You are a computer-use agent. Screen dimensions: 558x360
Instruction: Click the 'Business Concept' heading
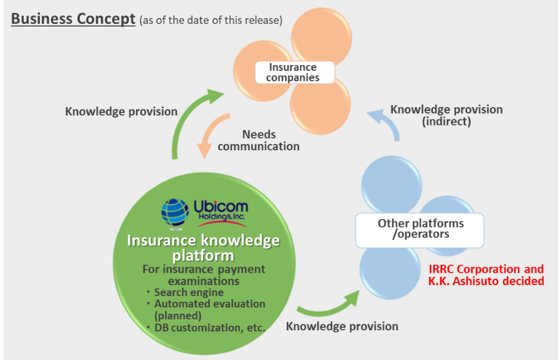(74, 19)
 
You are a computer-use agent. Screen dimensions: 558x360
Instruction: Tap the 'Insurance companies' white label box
(295, 72)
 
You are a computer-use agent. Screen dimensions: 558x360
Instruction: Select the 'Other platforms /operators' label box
(420, 230)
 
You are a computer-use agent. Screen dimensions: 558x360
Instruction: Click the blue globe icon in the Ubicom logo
(175, 212)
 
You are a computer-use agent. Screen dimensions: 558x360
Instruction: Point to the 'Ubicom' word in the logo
(221, 206)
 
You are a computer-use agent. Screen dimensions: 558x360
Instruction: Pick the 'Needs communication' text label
(259, 140)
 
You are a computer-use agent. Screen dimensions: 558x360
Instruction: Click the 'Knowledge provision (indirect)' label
(446, 115)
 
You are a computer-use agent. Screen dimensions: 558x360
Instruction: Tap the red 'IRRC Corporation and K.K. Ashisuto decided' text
(486, 275)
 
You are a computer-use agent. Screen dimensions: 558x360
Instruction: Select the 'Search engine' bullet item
(188, 292)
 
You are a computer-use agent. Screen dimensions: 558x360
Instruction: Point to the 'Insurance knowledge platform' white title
(203, 248)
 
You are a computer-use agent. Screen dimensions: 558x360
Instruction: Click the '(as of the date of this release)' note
(211, 20)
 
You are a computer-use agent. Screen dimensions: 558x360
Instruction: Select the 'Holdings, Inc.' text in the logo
(221, 217)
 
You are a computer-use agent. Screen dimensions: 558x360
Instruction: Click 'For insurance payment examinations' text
(204, 275)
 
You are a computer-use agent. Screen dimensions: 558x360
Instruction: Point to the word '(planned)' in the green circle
(178, 315)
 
